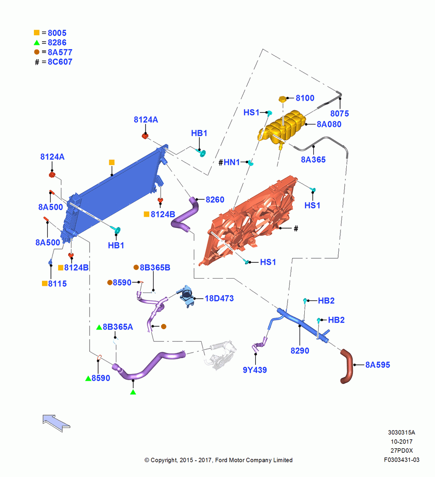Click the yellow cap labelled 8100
(282, 99)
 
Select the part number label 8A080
(329, 124)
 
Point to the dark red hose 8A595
(346, 366)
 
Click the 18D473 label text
(219, 299)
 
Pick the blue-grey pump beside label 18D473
(186, 295)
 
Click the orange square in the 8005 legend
(37, 32)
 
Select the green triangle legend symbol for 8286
(37, 42)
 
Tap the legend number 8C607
(60, 62)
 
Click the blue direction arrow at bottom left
(56, 423)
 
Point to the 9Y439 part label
(255, 370)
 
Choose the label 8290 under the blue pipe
(300, 351)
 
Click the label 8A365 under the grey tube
(313, 159)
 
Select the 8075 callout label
(340, 114)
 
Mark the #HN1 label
(229, 163)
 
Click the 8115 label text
(57, 284)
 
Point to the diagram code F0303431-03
(402, 460)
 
